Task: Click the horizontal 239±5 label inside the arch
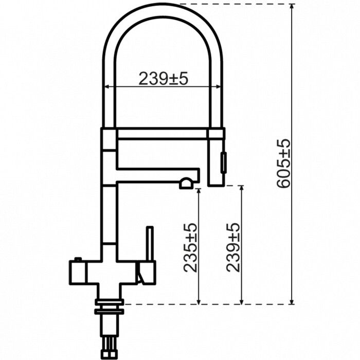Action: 164,78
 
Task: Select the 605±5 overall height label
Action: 284,163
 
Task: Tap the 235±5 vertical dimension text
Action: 191,247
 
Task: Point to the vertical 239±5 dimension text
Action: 233,247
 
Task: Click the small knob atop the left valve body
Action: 79,259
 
